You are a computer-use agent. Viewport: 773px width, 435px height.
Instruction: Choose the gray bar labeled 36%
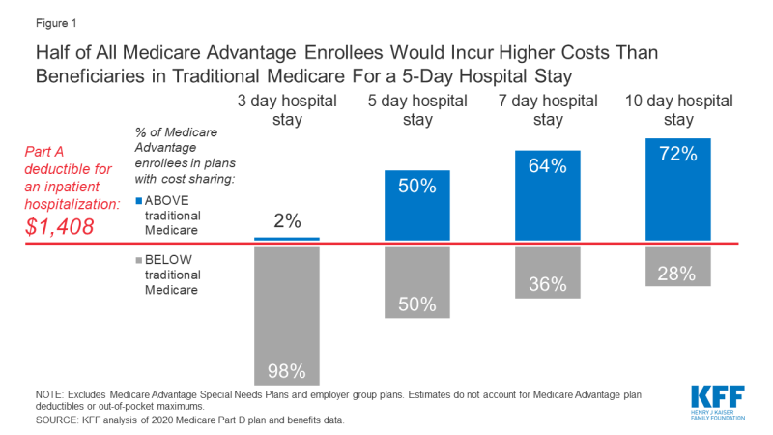tap(548, 272)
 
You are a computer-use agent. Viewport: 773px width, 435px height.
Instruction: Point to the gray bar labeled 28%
tap(677, 266)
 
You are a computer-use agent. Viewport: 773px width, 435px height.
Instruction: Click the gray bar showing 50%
tap(416, 283)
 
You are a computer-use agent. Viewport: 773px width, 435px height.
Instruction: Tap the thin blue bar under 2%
tap(286, 238)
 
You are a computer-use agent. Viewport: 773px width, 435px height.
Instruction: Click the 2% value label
tap(286, 220)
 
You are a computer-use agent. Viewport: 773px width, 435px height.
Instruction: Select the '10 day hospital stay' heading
tap(677, 110)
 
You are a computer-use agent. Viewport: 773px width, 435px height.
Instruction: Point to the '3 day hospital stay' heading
tap(286, 110)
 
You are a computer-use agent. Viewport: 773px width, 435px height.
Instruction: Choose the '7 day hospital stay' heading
tap(548, 110)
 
